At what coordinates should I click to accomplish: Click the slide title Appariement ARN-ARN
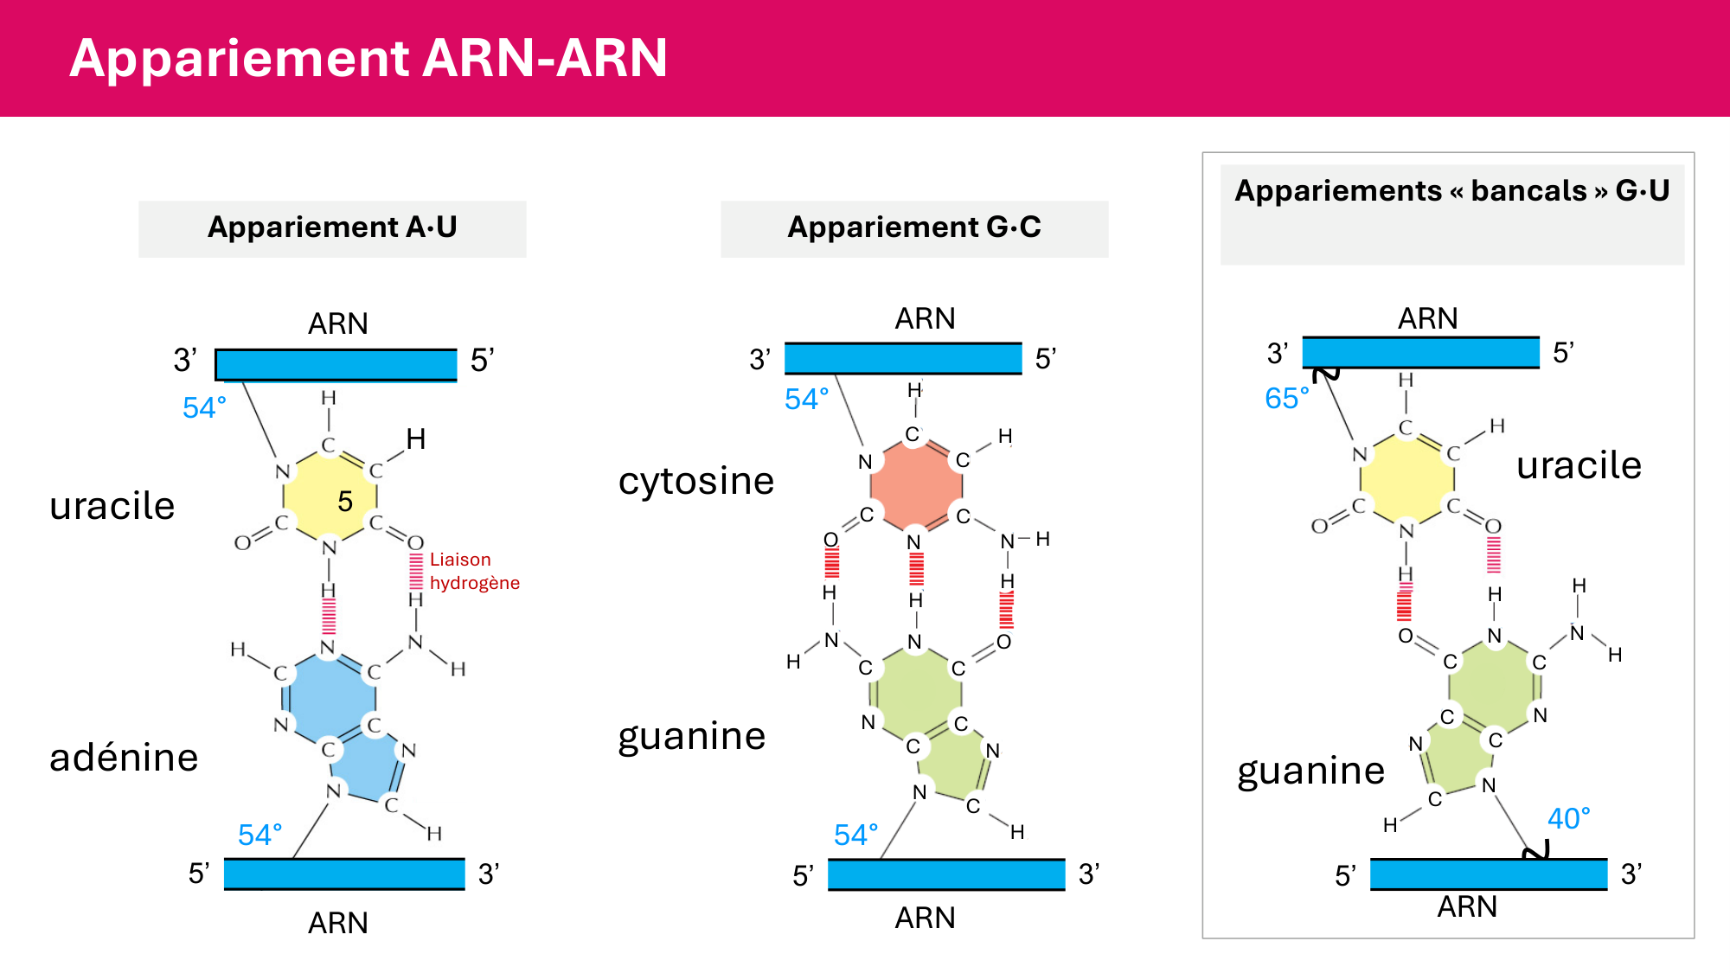point(368,58)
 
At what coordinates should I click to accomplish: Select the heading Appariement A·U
point(332,227)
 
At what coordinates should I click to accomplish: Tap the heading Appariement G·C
point(914,227)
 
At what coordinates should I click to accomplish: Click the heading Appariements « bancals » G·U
point(1451,191)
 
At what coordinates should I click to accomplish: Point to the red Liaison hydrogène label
point(474,571)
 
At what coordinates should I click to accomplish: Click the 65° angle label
point(1286,398)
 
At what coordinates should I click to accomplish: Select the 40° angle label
point(1568,818)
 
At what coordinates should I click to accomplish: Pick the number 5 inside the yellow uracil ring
point(345,502)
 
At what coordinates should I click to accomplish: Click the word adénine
point(124,758)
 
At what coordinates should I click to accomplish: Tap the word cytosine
point(696,481)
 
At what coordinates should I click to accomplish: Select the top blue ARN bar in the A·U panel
point(336,364)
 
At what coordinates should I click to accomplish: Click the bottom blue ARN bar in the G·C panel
point(946,874)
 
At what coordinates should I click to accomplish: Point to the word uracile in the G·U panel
point(1579,465)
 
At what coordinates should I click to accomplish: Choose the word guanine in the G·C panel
point(692,736)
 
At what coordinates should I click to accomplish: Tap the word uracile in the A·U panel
point(112,506)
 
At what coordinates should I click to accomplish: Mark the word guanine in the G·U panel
point(1310,770)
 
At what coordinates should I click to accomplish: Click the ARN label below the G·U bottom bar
point(1467,906)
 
